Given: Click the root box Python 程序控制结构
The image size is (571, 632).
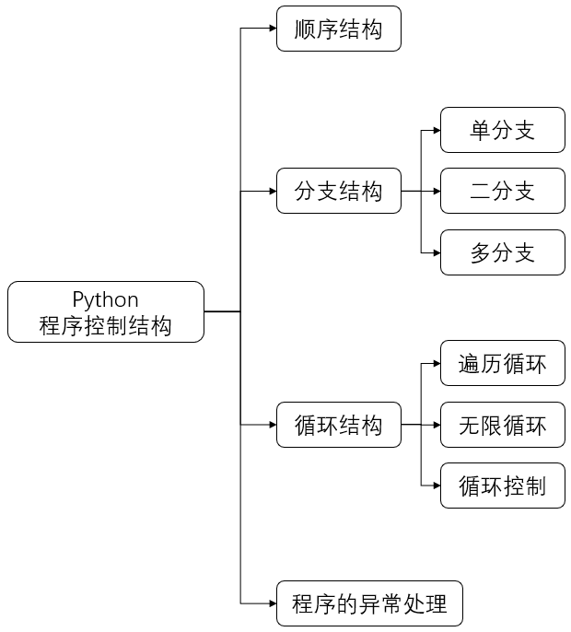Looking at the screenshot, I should coord(106,312).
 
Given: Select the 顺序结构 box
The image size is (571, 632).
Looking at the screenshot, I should coord(338,29).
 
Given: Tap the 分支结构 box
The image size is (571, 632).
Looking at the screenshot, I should coord(338,192).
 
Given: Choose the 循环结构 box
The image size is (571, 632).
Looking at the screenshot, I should coord(338,425).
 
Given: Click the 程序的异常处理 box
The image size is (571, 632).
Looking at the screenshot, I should coord(369,604).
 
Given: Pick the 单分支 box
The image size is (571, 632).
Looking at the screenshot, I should coord(502,130).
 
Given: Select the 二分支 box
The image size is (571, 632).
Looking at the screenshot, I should coord(502,192).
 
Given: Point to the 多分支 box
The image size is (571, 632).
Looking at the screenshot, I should coord(502,252).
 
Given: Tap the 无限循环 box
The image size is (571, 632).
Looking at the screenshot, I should coord(502,425).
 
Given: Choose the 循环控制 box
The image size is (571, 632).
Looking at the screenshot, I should coord(502,486).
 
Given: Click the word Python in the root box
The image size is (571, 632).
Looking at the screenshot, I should coord(106,299).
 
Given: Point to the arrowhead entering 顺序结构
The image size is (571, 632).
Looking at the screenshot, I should coord(272,29).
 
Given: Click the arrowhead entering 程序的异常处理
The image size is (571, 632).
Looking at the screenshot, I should coord(272,604).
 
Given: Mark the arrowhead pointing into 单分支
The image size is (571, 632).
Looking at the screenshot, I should coord(436,130).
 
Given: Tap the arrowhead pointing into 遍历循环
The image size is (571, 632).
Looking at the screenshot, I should coord(436,363).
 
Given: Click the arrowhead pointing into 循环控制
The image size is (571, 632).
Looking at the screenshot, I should coord(436,486).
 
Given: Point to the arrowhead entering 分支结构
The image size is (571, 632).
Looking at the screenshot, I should coord(272,192).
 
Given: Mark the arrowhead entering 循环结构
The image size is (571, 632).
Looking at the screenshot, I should coord(272,425).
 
